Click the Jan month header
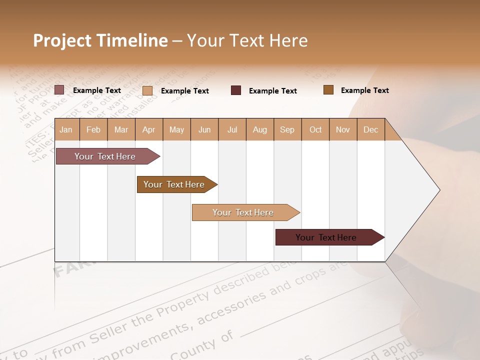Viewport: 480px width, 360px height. (66, 129)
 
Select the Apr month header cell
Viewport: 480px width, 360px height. (148, 129)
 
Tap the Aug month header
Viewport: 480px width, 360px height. (259, 129)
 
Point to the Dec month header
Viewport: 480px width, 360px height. (370, 129)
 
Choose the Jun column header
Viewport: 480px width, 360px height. (204, 129)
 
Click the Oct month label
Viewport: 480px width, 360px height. (315, 129)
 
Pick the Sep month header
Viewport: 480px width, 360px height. (287, 129)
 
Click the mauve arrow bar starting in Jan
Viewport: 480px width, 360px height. (105, 156)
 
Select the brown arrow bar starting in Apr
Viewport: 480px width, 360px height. (174, 184)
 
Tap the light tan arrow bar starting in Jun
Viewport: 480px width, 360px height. (243, 212)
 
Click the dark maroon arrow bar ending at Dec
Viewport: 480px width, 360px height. (326, 237)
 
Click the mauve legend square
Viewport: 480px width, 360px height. (59, 90)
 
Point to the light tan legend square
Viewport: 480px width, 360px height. (147, 90)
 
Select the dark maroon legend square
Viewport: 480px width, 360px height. (235, 90)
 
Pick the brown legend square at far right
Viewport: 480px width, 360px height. (328, 90)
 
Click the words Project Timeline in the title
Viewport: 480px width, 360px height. (100, 40)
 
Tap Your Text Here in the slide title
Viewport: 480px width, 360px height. (247, 40)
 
